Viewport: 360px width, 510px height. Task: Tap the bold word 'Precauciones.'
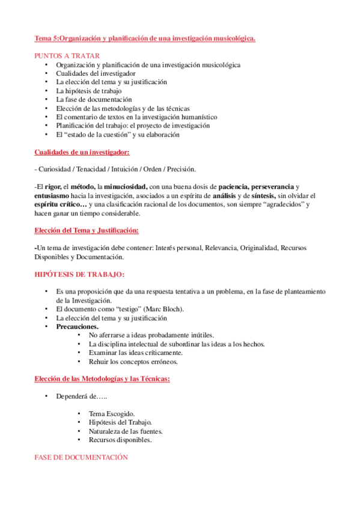(78, 327)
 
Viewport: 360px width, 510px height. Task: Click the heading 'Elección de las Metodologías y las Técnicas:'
(102, 379)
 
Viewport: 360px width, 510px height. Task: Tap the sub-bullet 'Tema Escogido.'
(112, 414)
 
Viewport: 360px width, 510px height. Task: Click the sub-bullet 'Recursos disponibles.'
(120, 440)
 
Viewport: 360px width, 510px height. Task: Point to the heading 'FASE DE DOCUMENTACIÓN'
(82, 458)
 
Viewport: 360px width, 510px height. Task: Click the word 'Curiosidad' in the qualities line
(55, 169)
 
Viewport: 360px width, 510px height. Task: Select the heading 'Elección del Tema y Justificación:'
(87, 231)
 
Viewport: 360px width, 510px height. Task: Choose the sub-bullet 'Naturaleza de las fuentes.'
(126, 431)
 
